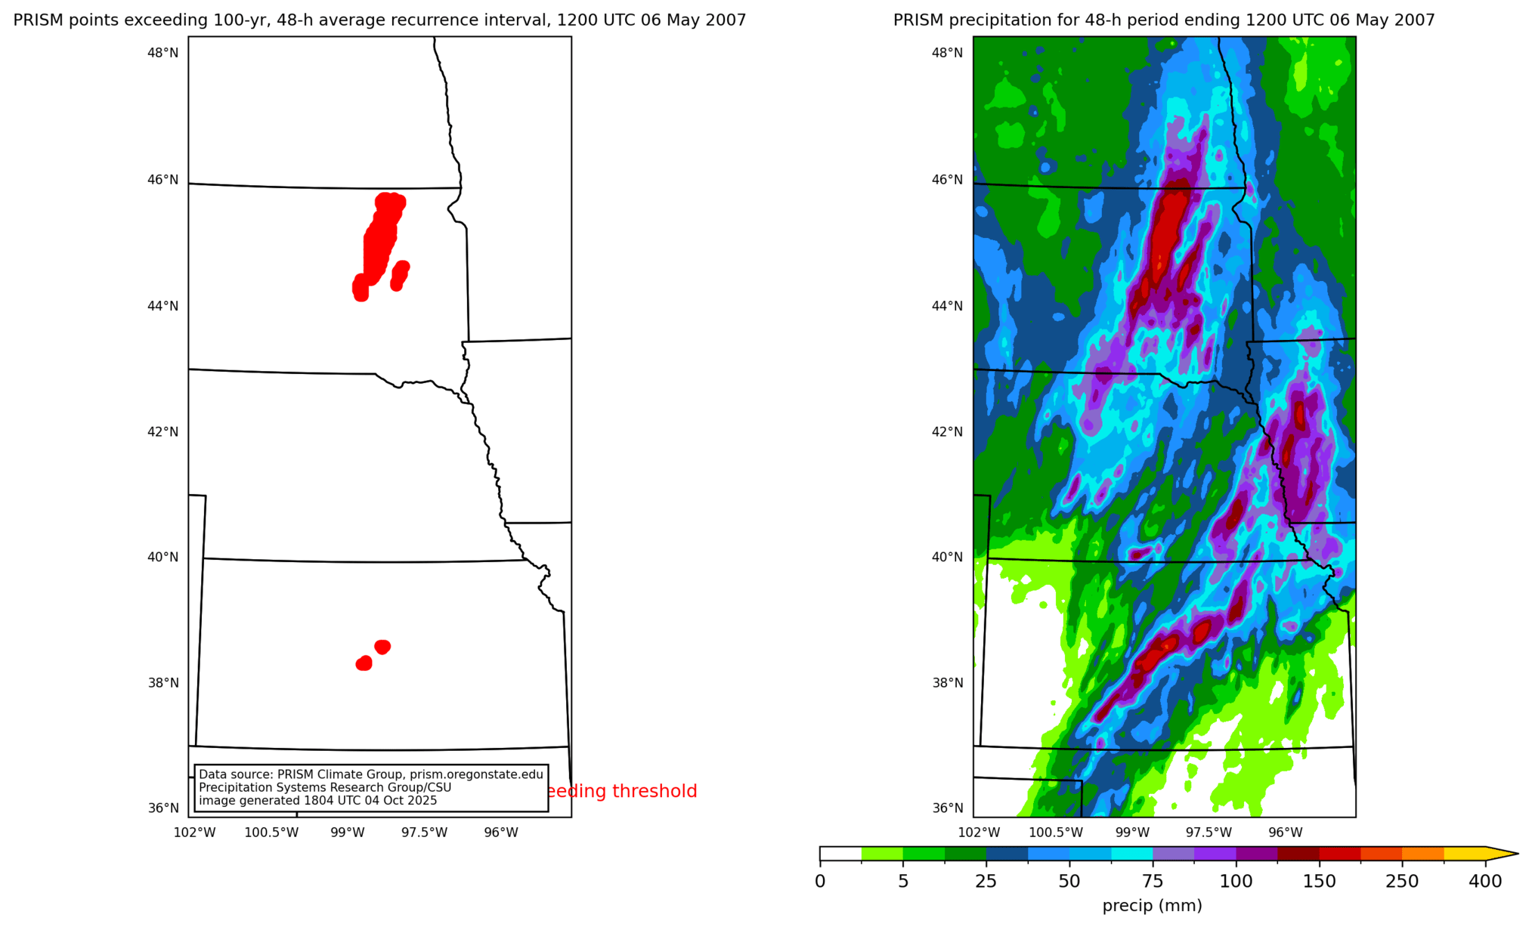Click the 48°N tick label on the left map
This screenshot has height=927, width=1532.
(162, 53)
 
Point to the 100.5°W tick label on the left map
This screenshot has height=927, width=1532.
(271, 833)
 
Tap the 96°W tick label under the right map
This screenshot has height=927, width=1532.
(1285, 833)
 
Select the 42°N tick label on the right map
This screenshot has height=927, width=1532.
(947, 431)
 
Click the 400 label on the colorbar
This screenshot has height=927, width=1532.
(1485, 882)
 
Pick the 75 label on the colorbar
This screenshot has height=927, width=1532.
(1153, 882)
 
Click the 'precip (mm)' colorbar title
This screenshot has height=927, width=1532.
(1152, 905)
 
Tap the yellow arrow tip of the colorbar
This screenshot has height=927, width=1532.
(1504, 854)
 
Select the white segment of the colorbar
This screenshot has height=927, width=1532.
(840, 854)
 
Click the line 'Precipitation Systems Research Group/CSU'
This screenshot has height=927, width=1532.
(325, 787)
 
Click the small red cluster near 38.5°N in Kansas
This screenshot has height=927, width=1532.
(382, 647)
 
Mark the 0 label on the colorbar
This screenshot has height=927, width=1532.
(820, 882)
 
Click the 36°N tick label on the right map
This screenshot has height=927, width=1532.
(947, 808)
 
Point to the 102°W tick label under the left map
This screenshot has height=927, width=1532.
(194, 833)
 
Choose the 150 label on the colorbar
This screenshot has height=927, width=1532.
(1319, 882)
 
